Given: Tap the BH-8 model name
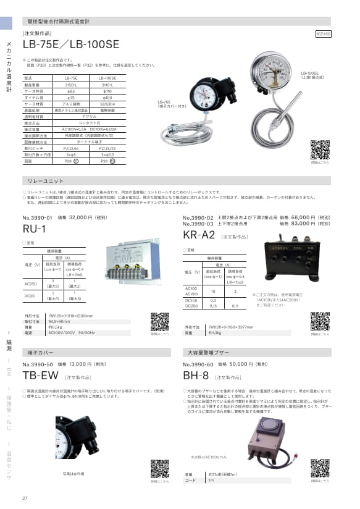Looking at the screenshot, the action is pos(196,376).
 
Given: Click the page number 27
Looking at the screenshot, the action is pos(25,498).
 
